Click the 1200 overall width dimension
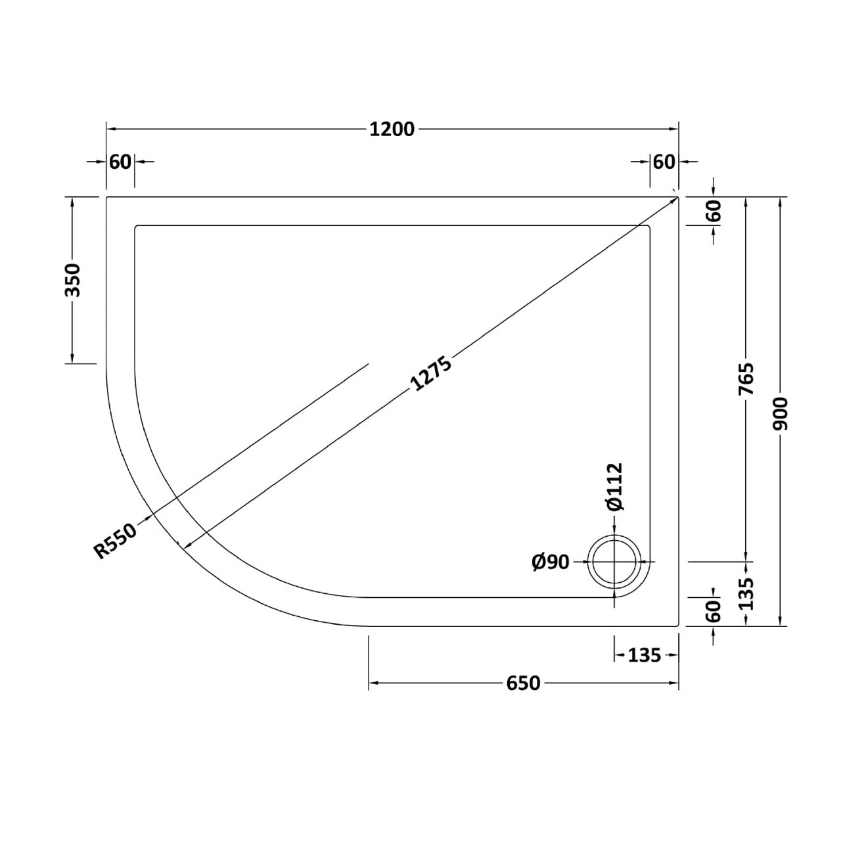392,129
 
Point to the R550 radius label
116,540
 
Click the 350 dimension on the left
72,279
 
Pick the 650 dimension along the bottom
523,683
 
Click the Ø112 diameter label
614,487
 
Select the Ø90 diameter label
550,562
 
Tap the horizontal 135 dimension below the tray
645,655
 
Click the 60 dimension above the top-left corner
121,161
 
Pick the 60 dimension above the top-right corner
664,161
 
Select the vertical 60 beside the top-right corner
714,211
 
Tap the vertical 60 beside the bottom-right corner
714,612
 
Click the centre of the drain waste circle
614,562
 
